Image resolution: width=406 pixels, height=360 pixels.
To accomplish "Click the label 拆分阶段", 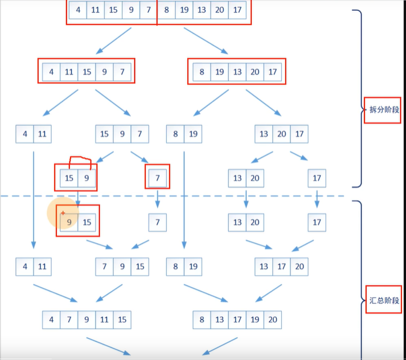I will pyautogui.click(x=382, y=109).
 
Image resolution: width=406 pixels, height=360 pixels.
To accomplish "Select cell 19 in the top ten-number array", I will pyautogui.click(x=184, y=10).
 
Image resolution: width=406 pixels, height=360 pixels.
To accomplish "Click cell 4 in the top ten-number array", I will pyautogui.click(x=78, y=10).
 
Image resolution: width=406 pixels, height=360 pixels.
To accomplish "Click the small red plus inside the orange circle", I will pyautogui.click(x=63, y=212).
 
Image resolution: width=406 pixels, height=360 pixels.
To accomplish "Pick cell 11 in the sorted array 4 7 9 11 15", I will pyautogui.click(x=104, y=320).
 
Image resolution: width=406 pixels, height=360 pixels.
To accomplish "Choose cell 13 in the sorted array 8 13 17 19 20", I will pyautogui.click(x=220, y=320).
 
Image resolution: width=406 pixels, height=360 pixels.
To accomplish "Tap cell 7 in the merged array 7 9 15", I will pyautogui.click(x=104, y=265).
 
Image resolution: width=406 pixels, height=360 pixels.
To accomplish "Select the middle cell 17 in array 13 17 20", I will pyautogui.click(x=281, y=265).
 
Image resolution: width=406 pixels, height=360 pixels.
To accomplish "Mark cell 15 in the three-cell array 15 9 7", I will pyautogui.click(x=104, y=134).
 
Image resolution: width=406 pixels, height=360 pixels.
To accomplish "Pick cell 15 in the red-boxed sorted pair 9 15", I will pyautogui.click(x=87, y=222).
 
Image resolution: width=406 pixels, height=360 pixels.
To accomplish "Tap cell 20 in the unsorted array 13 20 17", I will pyautogui.click(x=281, y=134).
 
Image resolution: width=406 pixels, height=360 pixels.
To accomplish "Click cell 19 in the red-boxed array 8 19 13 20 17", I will pyautogui.click(x=219, y=72).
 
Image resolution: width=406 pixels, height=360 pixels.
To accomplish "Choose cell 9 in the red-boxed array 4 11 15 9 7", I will pyautogui.click(x=104, y=72).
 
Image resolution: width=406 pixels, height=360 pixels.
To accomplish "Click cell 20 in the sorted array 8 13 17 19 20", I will pyautogui.click(x=273, y=320).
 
